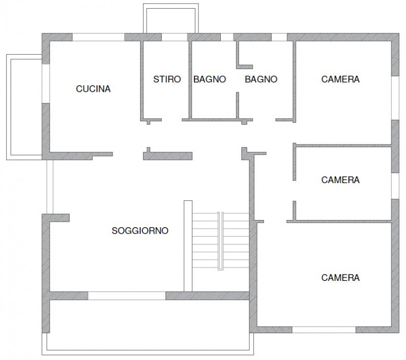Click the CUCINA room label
[x=93, y=89]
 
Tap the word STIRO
[x=167, y=79]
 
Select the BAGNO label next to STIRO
[x=210, y=79]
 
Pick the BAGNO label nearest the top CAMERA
[x=261, y=79]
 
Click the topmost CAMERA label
[x=341, y=79]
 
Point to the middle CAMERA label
[x=341, y=179]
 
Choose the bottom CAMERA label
[x=341, y=277]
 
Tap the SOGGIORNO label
[x=140, y=230]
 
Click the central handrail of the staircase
[x=221, y=241]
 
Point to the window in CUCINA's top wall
[x=98, y=37]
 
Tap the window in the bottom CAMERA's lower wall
[x=324, y=330]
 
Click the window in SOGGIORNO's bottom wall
[x=126, y=296]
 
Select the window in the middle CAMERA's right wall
[x=395, y=186]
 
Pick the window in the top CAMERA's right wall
[x=395, y=98]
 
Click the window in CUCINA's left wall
[x=46, y=84]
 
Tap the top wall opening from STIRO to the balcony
[x=175, y=37]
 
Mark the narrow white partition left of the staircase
[x=188, y=246]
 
